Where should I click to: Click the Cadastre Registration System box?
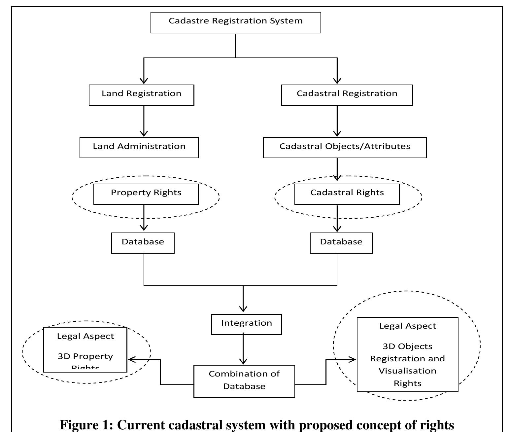pyautogui.click(x=236, y=22)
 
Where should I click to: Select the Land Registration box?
pyautogui.click(x=141, y=95)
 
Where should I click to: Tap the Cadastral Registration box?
pyautogui.click(x=347, y=95)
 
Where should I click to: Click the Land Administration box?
pyautogui.click(x=139, y=148)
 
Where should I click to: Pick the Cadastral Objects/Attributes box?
pyautogui.click(x=345, y=148)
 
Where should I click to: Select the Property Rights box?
pyautogui.click(x=146, y=194)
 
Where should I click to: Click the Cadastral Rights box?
pyautogui.click(x=347, y=194)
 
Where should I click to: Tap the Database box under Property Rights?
pyautogui.click(x=143, y=243)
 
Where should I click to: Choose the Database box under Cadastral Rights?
pyautogui.click(x=341, y=243)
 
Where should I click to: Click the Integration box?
pyautogui.click(x=247, y=324)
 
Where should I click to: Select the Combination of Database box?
pyautogui.click(x=244, y=381)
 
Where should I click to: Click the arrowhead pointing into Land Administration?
pyautogui.click(x=144, y=133)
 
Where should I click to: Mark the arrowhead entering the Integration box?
pyautogui.click(x=243, y=309)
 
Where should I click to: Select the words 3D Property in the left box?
pyautogui.click(x=85, y=356)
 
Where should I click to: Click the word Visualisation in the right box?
pyautogui.click(x=407, y=371)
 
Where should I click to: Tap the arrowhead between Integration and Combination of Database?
pyautogui.click(x=243, y=361)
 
